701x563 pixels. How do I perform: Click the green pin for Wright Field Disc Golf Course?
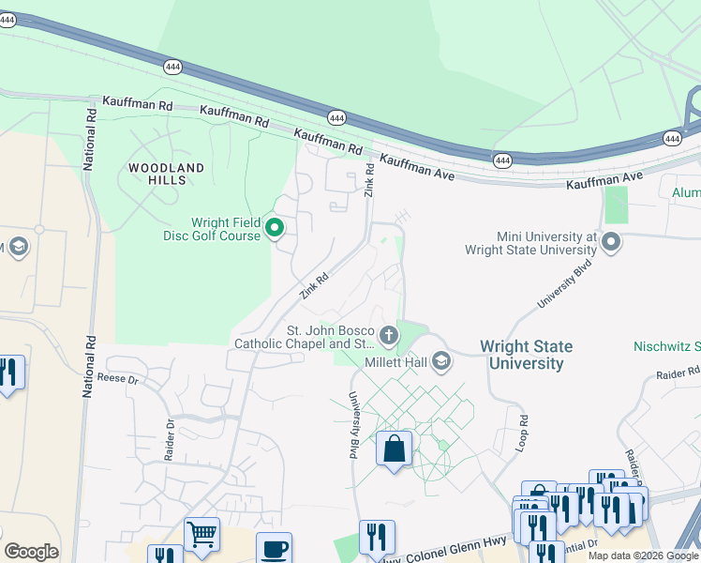(x=276, y=228)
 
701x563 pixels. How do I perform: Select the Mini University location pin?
(x=612, y=243)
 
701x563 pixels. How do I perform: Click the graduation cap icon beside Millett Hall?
(x=440, y=361)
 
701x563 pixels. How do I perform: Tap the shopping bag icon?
(x=395, y=449)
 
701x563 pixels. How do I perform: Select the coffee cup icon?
(x=274, y=548)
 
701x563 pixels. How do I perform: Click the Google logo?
(x=31, y=552)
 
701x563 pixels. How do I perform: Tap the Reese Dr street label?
(x=117, y=380)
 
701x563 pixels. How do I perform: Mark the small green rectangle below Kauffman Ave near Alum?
(x=616, y=205)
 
